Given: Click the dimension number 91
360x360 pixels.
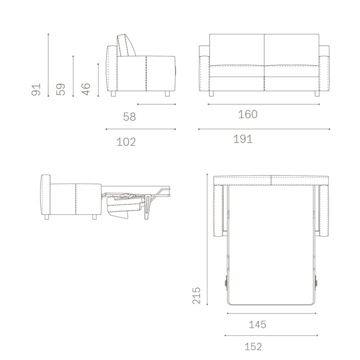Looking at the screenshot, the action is click(x=36, y=90).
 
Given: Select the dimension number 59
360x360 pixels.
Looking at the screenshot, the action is click(x=61, y=90).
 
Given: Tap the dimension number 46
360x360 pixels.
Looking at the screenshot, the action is click(x=86, y=89).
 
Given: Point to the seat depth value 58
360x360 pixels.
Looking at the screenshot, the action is click(x=130, y=117).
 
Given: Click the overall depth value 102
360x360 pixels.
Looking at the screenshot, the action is click(x=126, y=142).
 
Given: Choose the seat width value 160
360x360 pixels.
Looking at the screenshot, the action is click(x=248, y=114).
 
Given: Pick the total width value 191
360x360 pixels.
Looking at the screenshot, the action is click(x=243, y=139).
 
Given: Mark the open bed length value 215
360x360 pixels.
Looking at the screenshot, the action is click(x=197, y=296).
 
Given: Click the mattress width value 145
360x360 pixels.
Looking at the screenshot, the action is click(x=257, y=324).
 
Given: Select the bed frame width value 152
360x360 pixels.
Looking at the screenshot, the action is click(x=253, y=346).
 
